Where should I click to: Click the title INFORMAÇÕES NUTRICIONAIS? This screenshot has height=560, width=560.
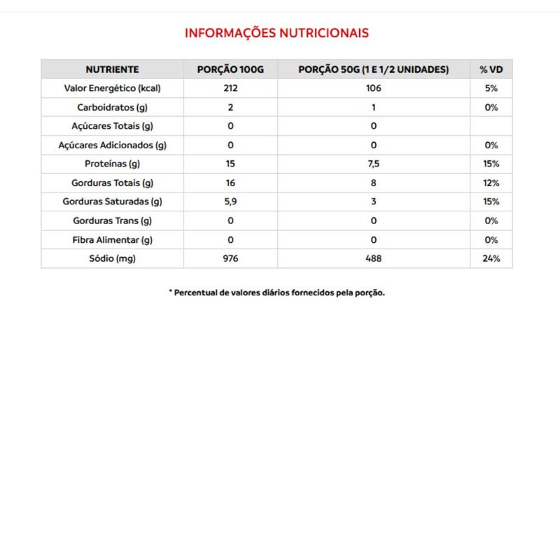276,33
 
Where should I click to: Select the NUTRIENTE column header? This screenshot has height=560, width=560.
112,69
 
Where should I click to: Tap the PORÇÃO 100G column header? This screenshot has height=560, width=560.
230,69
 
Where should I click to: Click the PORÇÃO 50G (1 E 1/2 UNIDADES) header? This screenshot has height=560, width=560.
373,69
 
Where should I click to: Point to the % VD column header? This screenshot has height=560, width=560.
491,69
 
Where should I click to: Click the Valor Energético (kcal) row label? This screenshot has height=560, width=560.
112,89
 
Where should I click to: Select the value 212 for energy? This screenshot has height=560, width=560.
230,89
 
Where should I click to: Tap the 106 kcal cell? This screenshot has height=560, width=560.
373,89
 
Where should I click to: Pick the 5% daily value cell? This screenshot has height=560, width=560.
491,89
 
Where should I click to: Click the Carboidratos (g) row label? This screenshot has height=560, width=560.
112,108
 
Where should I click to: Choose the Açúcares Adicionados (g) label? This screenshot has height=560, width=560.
112,146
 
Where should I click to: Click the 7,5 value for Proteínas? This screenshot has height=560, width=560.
373,164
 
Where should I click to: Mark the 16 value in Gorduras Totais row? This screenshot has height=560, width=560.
230,183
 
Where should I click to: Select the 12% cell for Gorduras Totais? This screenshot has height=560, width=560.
491,183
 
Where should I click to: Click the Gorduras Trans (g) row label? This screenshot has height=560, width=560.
112,221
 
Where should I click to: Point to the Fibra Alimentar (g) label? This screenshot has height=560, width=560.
112,240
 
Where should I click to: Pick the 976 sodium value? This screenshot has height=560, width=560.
230,259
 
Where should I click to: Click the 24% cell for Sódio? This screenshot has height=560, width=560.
491,259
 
